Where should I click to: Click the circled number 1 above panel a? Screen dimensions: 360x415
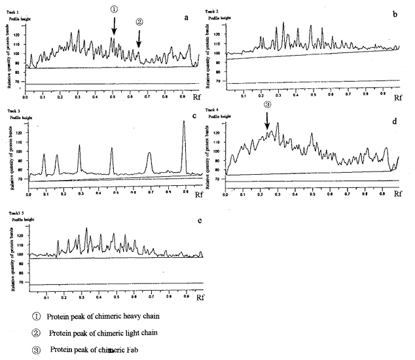point(114,9)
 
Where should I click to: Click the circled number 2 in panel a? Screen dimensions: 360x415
point(139,22)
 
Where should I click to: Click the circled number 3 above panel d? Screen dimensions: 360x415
point(267,104)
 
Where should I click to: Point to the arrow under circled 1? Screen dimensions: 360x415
point(114,26)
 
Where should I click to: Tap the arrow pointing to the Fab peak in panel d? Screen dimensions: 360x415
point(267,120)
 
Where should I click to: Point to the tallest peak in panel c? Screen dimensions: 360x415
point(184,123)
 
